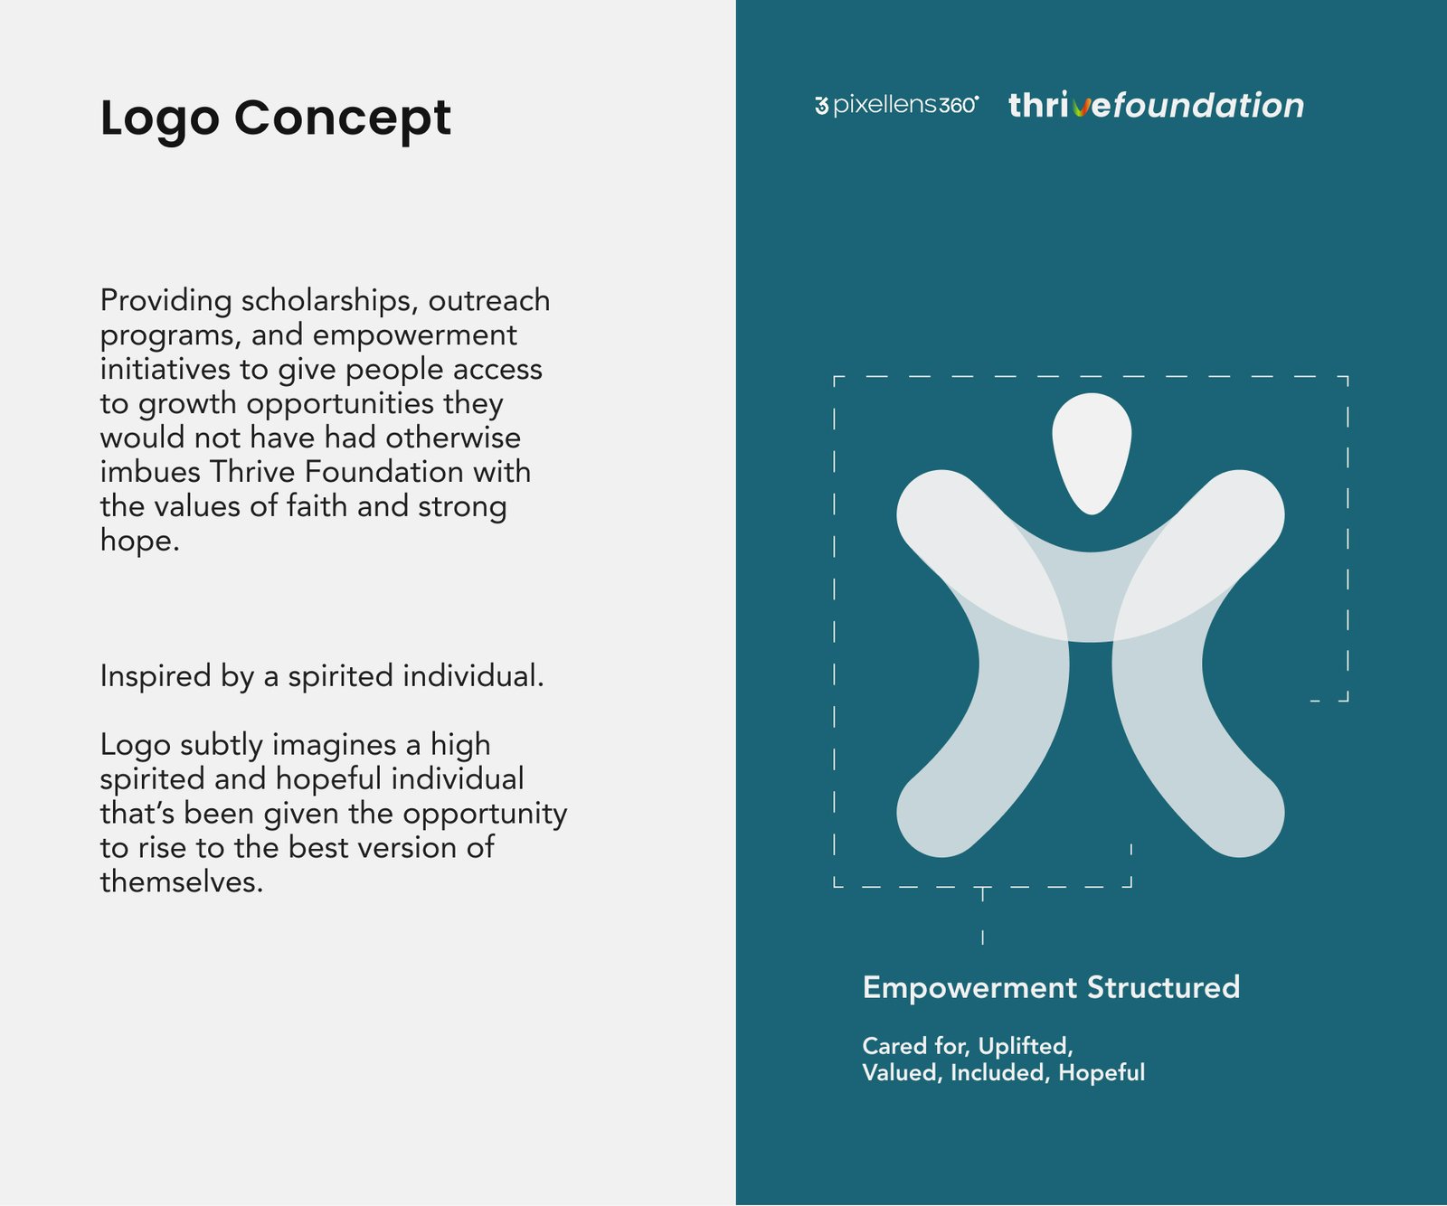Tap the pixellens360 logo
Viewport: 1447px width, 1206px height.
pos(896,105)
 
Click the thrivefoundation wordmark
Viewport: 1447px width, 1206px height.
pos(1157,105)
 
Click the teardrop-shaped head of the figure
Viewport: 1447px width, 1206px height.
pos(1092,452)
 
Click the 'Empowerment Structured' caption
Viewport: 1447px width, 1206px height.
pos(1051,988)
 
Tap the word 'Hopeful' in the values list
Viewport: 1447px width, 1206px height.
pos(1102,1073)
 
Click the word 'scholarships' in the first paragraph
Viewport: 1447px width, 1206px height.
pos(329,301)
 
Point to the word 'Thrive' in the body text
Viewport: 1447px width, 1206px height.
pos(252,472)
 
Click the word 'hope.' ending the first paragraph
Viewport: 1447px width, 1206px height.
pos(140,541)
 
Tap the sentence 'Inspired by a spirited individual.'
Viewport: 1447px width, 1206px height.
pos(322,676)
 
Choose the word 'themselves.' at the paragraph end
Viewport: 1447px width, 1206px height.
pos(182,881)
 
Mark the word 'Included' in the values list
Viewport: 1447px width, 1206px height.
pos(1001,1073)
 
